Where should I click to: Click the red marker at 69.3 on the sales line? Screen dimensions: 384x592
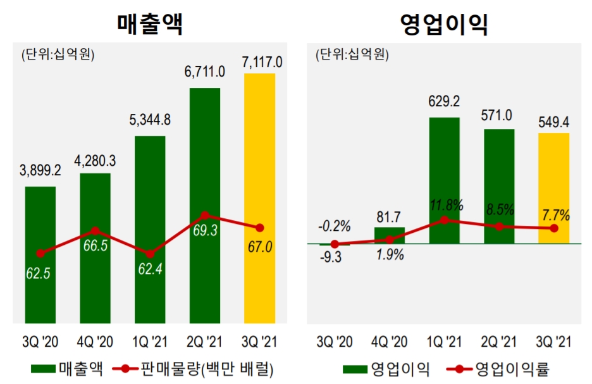click(x=204, y=216)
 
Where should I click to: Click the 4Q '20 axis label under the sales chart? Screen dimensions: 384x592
click(x=96, y=342)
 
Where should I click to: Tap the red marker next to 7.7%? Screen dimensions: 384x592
click(x=554, y=228)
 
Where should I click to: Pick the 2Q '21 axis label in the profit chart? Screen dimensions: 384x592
click(x=499, y=342)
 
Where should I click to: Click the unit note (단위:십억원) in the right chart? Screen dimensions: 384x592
click(x=352, y=54)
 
